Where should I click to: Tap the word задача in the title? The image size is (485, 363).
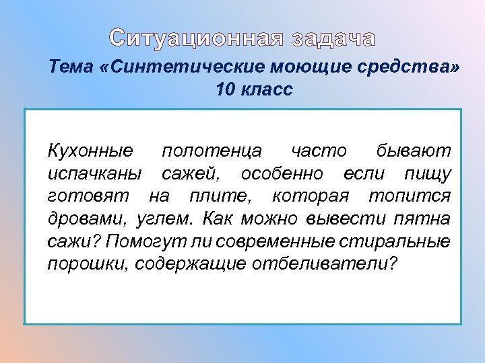pos(333,38)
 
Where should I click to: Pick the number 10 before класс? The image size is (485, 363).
pos(226,89)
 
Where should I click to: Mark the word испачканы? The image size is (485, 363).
pos(94,174)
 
